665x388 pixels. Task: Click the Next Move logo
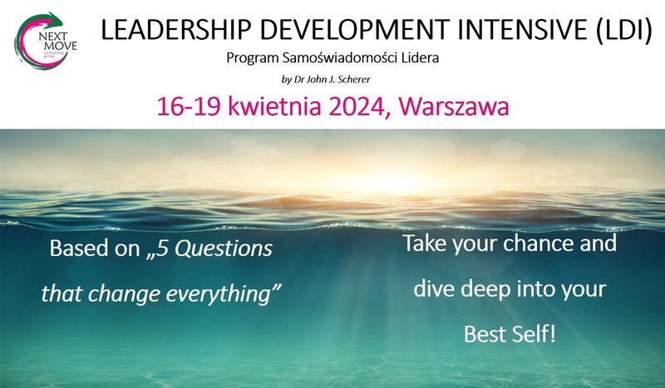point(46,42)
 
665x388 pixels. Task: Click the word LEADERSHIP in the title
point(175,30)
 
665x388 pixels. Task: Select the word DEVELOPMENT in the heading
point(355,30)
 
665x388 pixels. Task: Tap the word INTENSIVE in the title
point(523,30)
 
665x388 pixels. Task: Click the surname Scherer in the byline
point(353,79)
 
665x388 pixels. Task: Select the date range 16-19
point(189,106)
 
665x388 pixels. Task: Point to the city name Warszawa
point(454,106)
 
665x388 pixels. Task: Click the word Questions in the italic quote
point(224,248)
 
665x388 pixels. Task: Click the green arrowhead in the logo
point(55,18)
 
